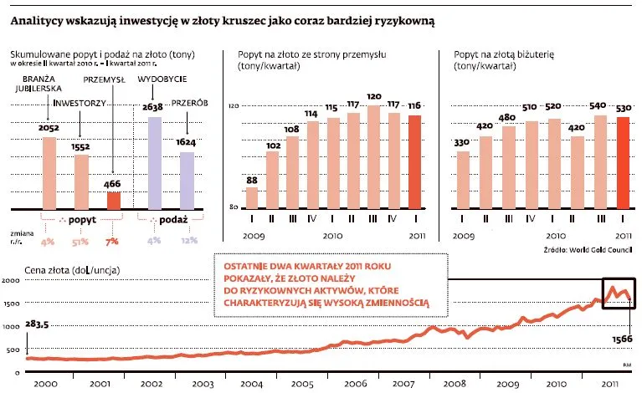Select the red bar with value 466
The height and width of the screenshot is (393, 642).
[113, 201]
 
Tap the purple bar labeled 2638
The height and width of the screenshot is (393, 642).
[153, 163]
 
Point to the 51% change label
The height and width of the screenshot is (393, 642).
[82, 241]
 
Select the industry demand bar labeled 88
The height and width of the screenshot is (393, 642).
[252, 197]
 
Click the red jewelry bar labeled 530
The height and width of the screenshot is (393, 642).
[622, 162]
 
